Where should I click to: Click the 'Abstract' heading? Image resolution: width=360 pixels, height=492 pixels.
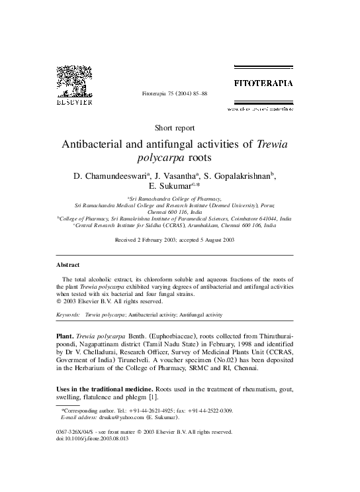[68, 264]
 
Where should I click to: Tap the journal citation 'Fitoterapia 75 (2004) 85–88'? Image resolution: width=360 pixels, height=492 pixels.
[175, 95]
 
